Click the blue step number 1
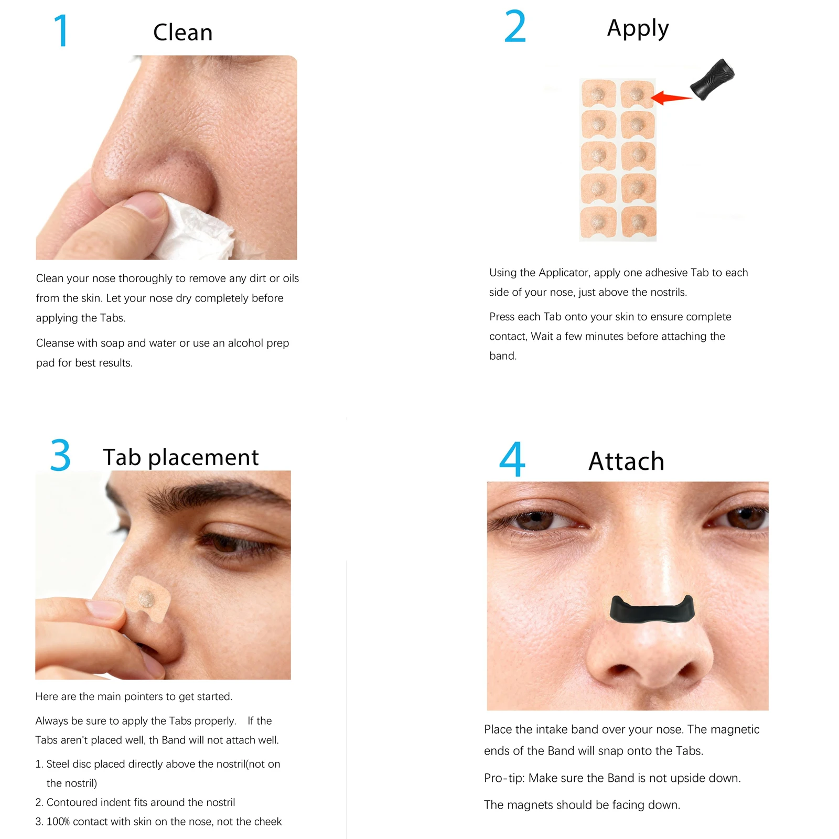click(x=61, y=31)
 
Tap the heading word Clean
click(x=182, y=33)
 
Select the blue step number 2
click(x=514, y=27)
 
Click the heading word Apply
click(x=638, y=29)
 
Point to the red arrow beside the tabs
click(x=672, y=98)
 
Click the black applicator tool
click(x=713, y=79)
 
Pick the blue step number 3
click(x=60, y=455)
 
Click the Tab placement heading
click(x=180, y=457)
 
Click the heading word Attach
click(x=626, y=461)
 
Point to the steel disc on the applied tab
click(x=145, y=598)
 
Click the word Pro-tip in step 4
click(x=504, y=778)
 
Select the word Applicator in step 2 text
click(x=564, y=273)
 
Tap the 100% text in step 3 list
click(x=58, y=822)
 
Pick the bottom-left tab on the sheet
click(x=598, y=221)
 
